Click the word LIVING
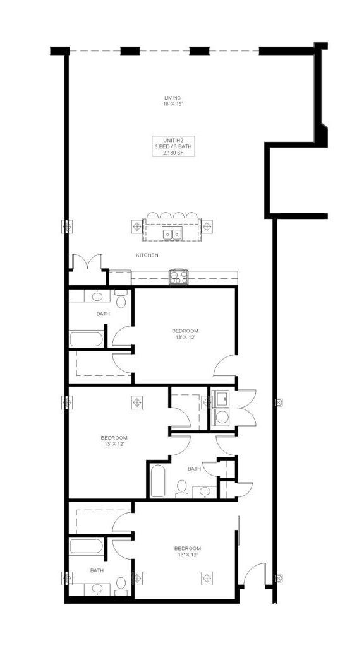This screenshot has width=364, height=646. click(x=173, y=98)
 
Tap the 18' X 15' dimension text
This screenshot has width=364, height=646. click(x=173, y=104)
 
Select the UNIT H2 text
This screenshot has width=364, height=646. click(x=173, y=139)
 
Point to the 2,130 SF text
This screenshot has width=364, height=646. click(x=173, y=153)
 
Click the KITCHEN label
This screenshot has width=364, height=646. click(x=147, y=255)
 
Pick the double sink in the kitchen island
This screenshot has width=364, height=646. click(x=173, y=235)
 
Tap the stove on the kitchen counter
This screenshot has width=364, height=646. click(x=178, y=277)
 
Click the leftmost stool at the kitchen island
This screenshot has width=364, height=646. click(x=152, y=216)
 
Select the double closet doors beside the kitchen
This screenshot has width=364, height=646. click(x=87, y=262)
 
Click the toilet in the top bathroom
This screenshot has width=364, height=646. click(x=121, y=300)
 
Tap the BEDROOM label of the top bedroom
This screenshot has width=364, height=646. click(x=185, y=331)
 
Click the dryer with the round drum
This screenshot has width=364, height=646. click(x=222, y=417)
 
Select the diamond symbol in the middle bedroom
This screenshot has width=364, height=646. click(x=137, y=402)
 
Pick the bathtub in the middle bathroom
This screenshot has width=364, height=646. click(x=159, y=481)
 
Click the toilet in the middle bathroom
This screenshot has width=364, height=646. click(x=181, y=489)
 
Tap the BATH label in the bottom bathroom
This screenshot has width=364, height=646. click(x=97, y=570)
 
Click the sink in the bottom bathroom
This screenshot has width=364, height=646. click(x=97, y=588)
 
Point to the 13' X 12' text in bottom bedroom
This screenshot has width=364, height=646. click(x=188, y=555)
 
